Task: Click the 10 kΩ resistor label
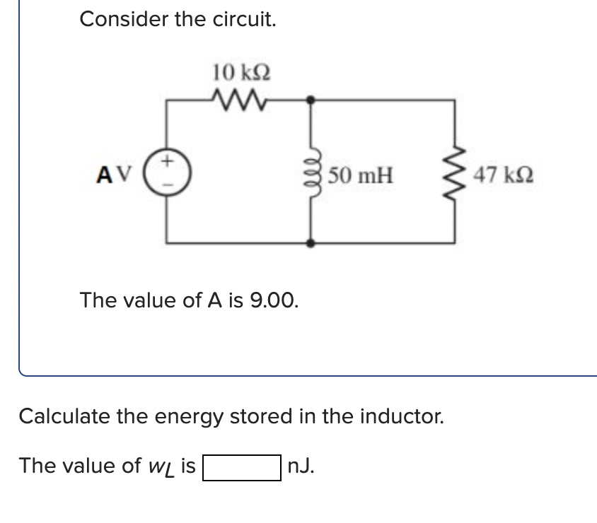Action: click(x=240, y=72)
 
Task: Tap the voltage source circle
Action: click(x=167, y=172)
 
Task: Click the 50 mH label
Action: click(x=361, y=174)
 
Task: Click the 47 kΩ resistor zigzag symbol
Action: click(x=454, y=173)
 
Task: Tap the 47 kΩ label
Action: click(x=499, y=174)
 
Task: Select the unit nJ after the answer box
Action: click(x=302, y=466)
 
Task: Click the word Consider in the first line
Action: click(x=124, y=19)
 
